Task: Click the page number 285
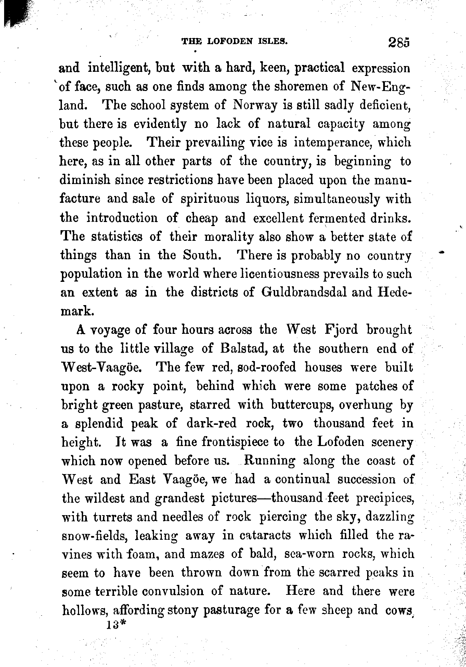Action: pos(399,42)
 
